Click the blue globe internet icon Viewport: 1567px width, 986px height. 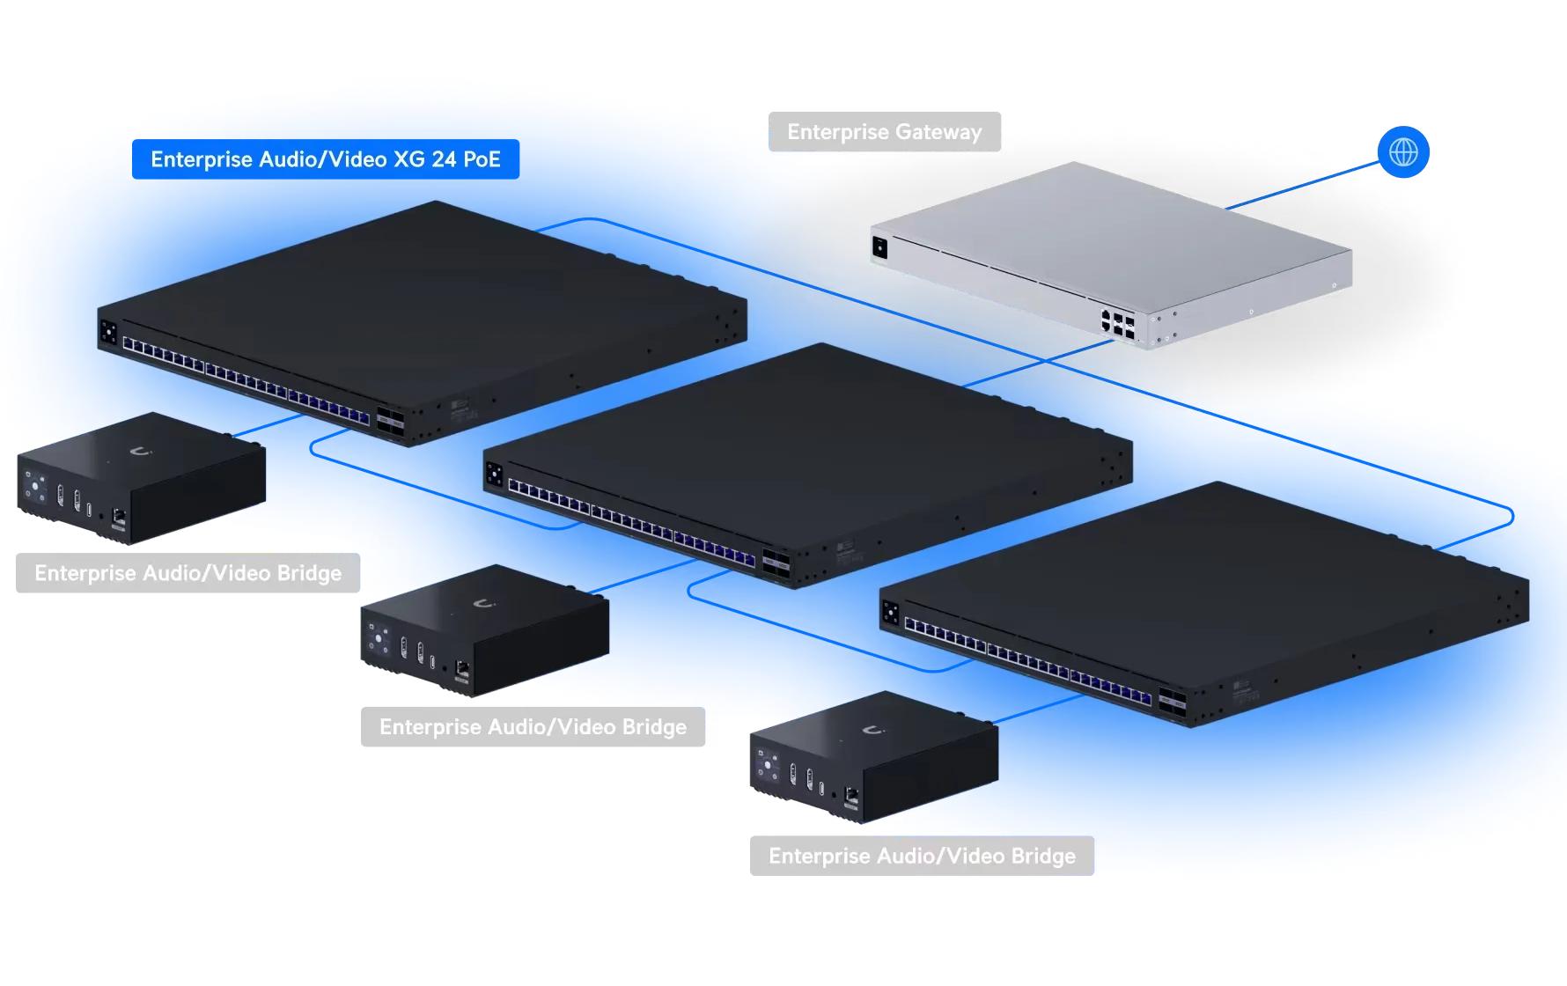[1403, 152]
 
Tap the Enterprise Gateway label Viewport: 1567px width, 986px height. [885, 132]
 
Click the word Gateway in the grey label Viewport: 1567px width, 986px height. [939, 132]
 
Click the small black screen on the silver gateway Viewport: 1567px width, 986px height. [879, 247]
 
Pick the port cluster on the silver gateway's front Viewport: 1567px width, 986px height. [1117, 322]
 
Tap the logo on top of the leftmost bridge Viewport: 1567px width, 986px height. [140, 452]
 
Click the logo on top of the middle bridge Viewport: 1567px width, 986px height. [483, 604]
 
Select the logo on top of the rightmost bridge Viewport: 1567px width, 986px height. [872, 731]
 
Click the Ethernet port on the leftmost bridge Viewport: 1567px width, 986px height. [119, 517]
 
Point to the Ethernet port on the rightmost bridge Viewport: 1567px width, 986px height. [851, 796]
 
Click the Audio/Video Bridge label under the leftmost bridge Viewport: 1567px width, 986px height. [188, 573]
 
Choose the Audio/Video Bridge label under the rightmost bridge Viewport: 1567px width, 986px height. [922, 856]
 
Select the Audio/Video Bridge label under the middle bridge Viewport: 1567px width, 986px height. [533, 727]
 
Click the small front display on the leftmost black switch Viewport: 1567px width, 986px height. [108, 333]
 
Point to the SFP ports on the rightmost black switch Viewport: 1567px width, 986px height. [1172, 701]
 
